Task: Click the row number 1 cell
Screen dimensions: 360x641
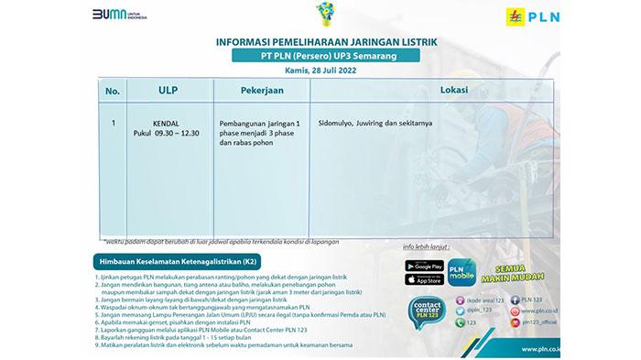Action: click(113, 121)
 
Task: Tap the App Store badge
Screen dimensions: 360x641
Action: click(423, 280)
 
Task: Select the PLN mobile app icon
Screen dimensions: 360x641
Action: click(462, 273)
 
